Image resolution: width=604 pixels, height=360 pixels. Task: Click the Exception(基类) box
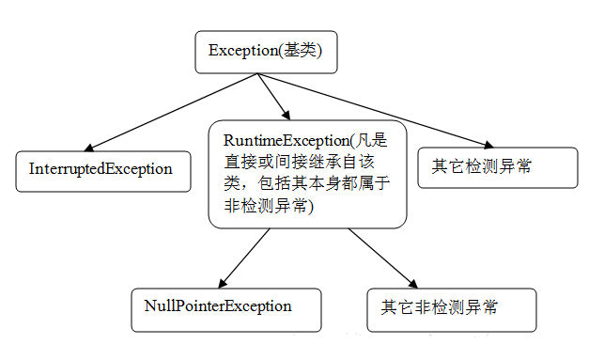point(265,52)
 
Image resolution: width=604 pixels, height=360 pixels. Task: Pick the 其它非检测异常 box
point(452,309)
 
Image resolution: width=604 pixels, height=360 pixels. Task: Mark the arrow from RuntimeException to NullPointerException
point(244,258)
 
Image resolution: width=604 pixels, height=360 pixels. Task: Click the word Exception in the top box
point(246,52)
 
